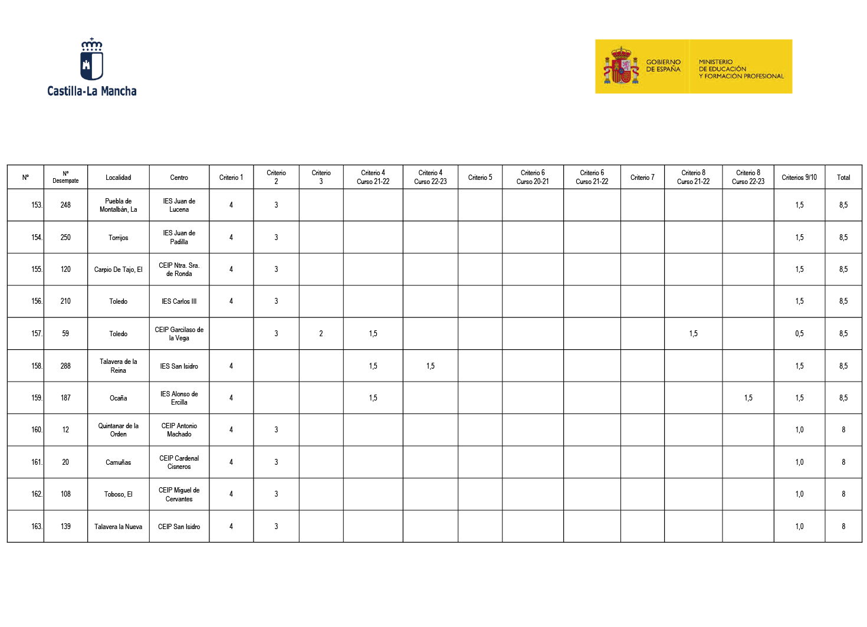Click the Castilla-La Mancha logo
click(x=91, y=67)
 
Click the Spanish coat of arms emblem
click(x=621, y=67)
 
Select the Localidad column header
click(x=118, y=178)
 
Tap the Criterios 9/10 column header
click(x=799, y=178)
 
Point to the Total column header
click(x=843, y=178)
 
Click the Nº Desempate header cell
click(x=65, y=178)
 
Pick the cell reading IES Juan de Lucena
click(x=179, y=205)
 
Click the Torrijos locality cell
click(x=118, y=238)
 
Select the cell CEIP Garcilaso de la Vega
click(x=179, y=334)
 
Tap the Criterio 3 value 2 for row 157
click(x=321, y=334)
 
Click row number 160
click(x=37, y=430)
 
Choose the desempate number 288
click(x=65, y=366)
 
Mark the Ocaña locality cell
click(x=118, y=398)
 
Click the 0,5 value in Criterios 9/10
click(x=799, y=334)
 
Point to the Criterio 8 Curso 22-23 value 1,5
click(x=748, y=398)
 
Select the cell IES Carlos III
click(x=179, y=301)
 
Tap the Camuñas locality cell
click(x=118, y=462)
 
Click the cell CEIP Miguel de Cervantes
click(x=179, y=494)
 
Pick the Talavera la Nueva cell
click(x=118, y=527)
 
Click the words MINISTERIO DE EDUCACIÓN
click(x=722, y=65)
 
